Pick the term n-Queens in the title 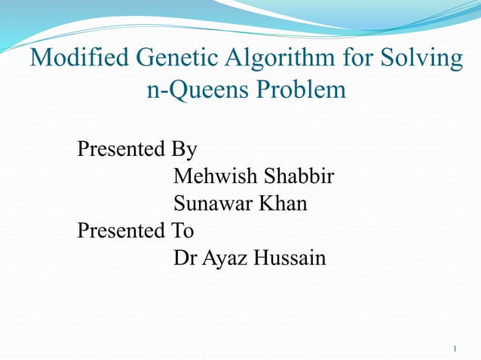(196, 90)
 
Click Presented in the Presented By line (120, 149)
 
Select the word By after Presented (182, 149)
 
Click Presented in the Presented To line (120, 230)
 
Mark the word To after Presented (181, 230)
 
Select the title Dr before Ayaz (184, 258)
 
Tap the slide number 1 (457, 349)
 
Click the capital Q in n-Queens (172, 90)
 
